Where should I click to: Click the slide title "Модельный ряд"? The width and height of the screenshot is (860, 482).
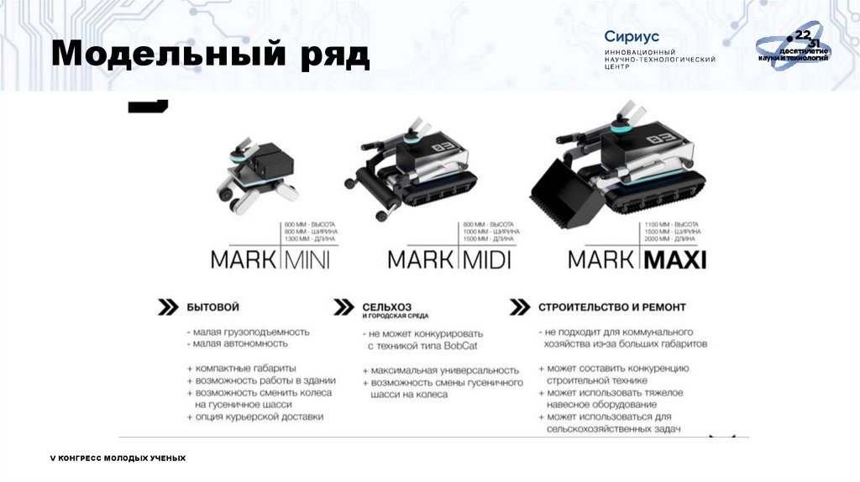[210, 55]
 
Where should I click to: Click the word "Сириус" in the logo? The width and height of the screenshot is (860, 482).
[632, 37]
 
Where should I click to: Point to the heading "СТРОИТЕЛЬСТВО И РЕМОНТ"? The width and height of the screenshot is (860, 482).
[612, 307]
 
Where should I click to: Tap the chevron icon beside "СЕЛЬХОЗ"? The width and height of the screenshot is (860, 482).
[343, 307]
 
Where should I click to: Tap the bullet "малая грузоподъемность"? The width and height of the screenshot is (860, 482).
[251, 331]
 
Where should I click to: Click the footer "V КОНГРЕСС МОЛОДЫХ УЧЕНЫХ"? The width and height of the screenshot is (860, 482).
[118, 458]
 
